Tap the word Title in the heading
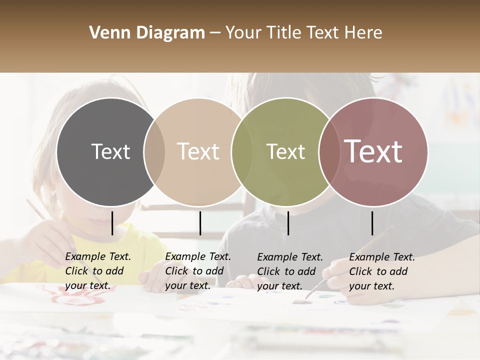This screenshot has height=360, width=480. pyautogui.click(x=284, y=33)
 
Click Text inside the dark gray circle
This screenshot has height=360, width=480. pyautogui.click(x=110, y=151)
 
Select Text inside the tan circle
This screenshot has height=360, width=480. pyautogui.click(x=198, y=151)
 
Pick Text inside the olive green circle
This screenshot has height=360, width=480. pyautogui.click(x=285, y=151)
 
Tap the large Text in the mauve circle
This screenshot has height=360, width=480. pyautogui.click(x=373, y=151)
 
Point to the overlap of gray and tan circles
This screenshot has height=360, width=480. pyautogui.click(x=154, y=151)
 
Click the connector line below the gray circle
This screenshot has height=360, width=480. pyautogui.click(x=112, y=223)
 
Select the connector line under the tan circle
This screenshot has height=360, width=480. pyautogui.click(x=200, y=223)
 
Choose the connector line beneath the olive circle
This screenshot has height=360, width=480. pyautogui.click(x=288, y=223)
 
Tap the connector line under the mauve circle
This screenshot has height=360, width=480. pyautogui.click(x=372, y=223)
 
